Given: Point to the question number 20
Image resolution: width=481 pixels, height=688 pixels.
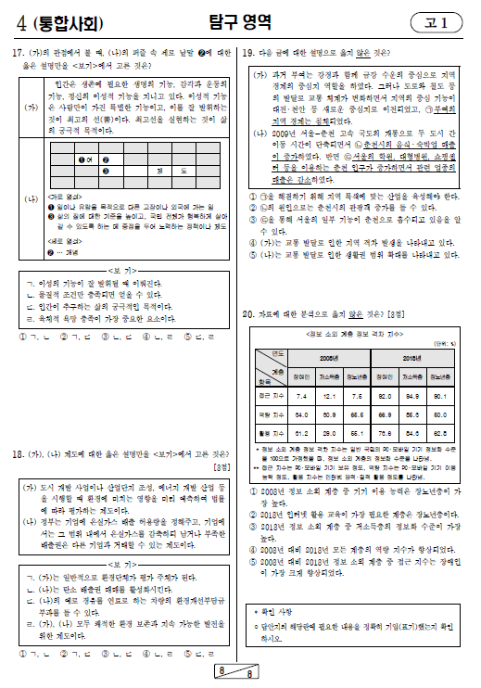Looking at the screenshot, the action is [247, 314].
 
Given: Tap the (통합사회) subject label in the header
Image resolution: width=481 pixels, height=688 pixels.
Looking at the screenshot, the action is [52, 21].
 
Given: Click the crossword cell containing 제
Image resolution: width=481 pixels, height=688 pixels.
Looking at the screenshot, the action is [159, 172].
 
